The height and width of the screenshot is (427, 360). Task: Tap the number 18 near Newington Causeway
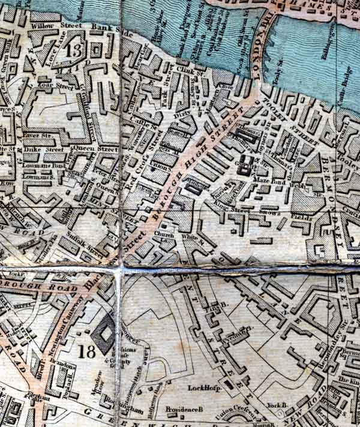tap(86, 351)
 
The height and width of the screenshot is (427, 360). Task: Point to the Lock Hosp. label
tap(205, 388)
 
